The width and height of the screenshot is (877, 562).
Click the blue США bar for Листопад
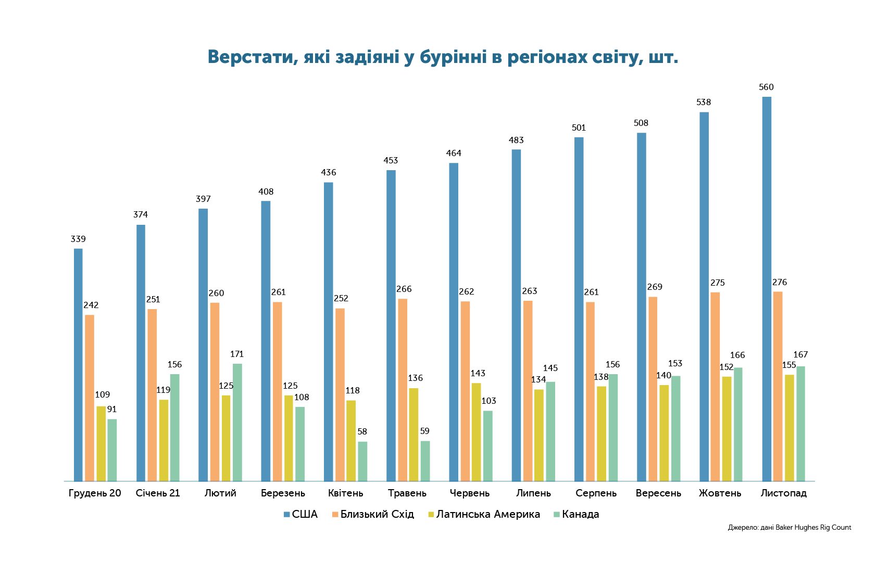click(x=767, y=289)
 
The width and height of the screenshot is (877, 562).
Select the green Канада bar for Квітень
click(x=362, y=462)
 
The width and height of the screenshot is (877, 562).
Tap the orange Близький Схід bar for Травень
click(x=403, y=390)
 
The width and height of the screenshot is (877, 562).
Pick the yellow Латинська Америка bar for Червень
click(x=476, y=432)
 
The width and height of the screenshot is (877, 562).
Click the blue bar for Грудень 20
click(x=78, y=365)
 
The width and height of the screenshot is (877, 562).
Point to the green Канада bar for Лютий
click(x=237, y=423)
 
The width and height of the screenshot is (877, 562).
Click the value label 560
click(x=766, y=87)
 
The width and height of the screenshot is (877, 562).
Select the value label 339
click(x=78, y=239)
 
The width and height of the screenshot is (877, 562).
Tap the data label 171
click(x=237, y=354)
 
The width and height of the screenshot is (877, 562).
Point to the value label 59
click(x=425, y=431)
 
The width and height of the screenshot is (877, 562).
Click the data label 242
click(x=91, y=305)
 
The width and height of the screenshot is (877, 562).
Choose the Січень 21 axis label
click(x=158, y=493)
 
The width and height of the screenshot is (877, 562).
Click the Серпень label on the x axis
click(x=596, y=493)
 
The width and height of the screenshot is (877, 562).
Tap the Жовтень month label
click(x=720, y=493)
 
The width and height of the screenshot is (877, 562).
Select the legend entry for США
click(x=300, y=514)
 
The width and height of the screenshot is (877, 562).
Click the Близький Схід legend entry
click(x=373, y=514)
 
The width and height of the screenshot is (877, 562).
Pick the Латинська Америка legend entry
click(x=484, y=514)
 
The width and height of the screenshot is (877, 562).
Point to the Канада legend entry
click(x=577, y=514)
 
